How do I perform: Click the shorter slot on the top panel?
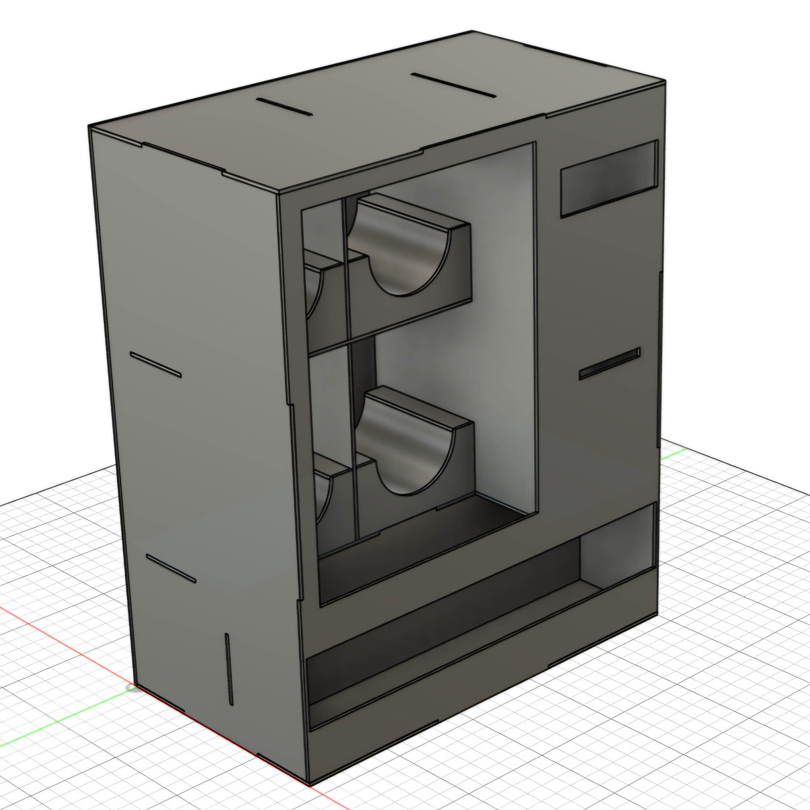(284, 107)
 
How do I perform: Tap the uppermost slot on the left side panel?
(156, 364)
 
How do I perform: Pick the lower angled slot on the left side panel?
(171, 568)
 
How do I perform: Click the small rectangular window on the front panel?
(609, 180)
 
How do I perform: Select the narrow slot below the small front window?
(610, 363)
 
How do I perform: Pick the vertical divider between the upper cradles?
(346, 268)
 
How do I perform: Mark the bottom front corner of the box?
(309, 783)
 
